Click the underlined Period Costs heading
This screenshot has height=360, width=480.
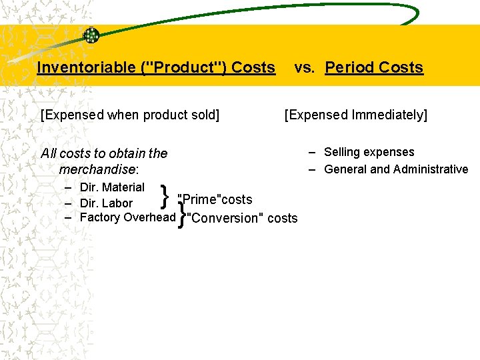click(x=374, y=67)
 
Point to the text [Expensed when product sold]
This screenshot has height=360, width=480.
click(x=130, y=115)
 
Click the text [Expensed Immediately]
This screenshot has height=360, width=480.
click(x=356, y=115)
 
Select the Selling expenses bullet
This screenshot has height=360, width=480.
click(x=369, y=152)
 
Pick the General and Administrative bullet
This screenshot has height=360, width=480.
click(x=396, y=169)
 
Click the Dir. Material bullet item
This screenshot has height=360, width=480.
click(x=111, y=187)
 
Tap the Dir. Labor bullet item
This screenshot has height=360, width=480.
click(x=106, y=203)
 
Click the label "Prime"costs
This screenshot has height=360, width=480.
click(x=215, y=199)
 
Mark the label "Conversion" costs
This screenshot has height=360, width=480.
click(x=241, y=218)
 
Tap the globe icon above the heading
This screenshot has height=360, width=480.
click(x=91, y=36)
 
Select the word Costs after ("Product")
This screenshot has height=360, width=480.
click(x=253, y=67)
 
